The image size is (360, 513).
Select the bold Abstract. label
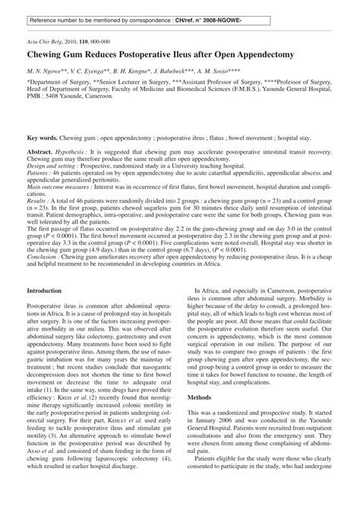point(42,153)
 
